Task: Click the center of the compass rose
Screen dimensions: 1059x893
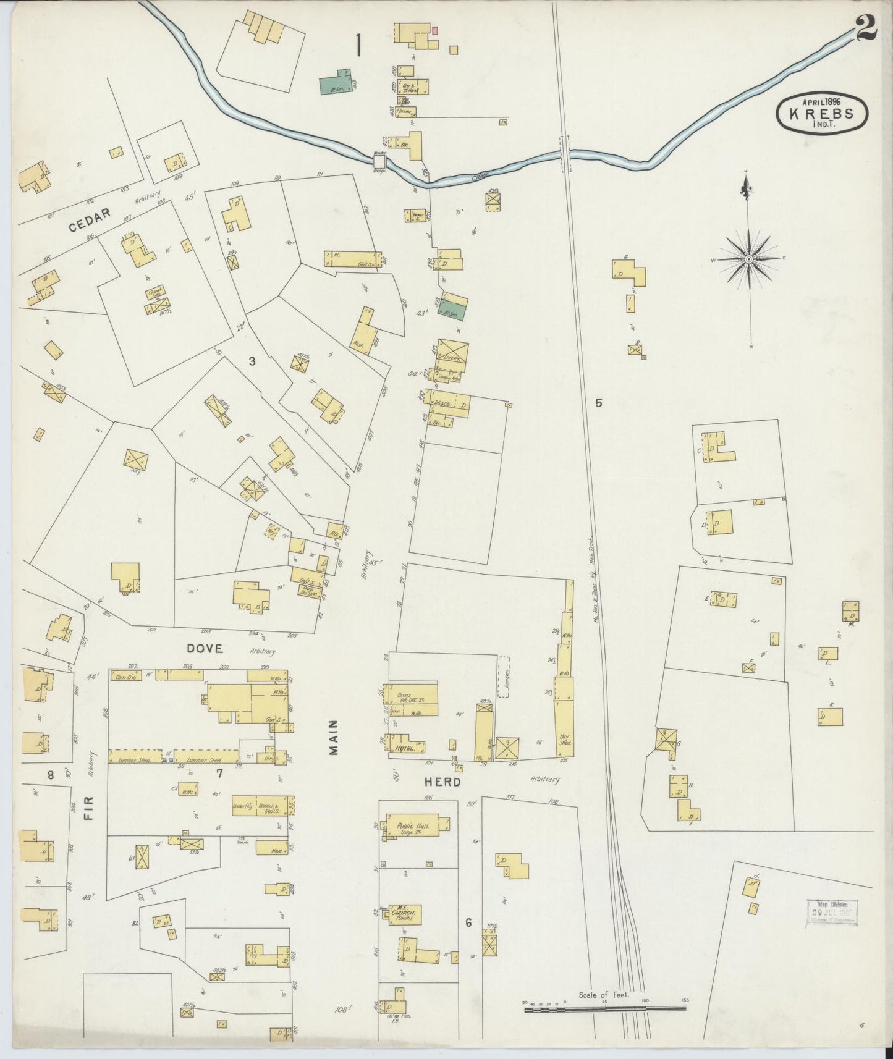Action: [x=748, y=259]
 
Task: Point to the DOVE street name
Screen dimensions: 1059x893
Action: [x=205, y=648]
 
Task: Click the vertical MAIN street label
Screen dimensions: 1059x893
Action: [x=334, y=738]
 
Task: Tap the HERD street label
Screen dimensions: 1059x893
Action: [x=442, y=782]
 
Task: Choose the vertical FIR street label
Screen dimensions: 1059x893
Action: [x=88, y=821]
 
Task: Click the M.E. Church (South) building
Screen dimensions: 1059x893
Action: [x=405, y=914]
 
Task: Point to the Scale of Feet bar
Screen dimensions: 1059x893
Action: [x=605, y=1008]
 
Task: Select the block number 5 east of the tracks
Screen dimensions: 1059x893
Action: [x=598, y=403]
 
